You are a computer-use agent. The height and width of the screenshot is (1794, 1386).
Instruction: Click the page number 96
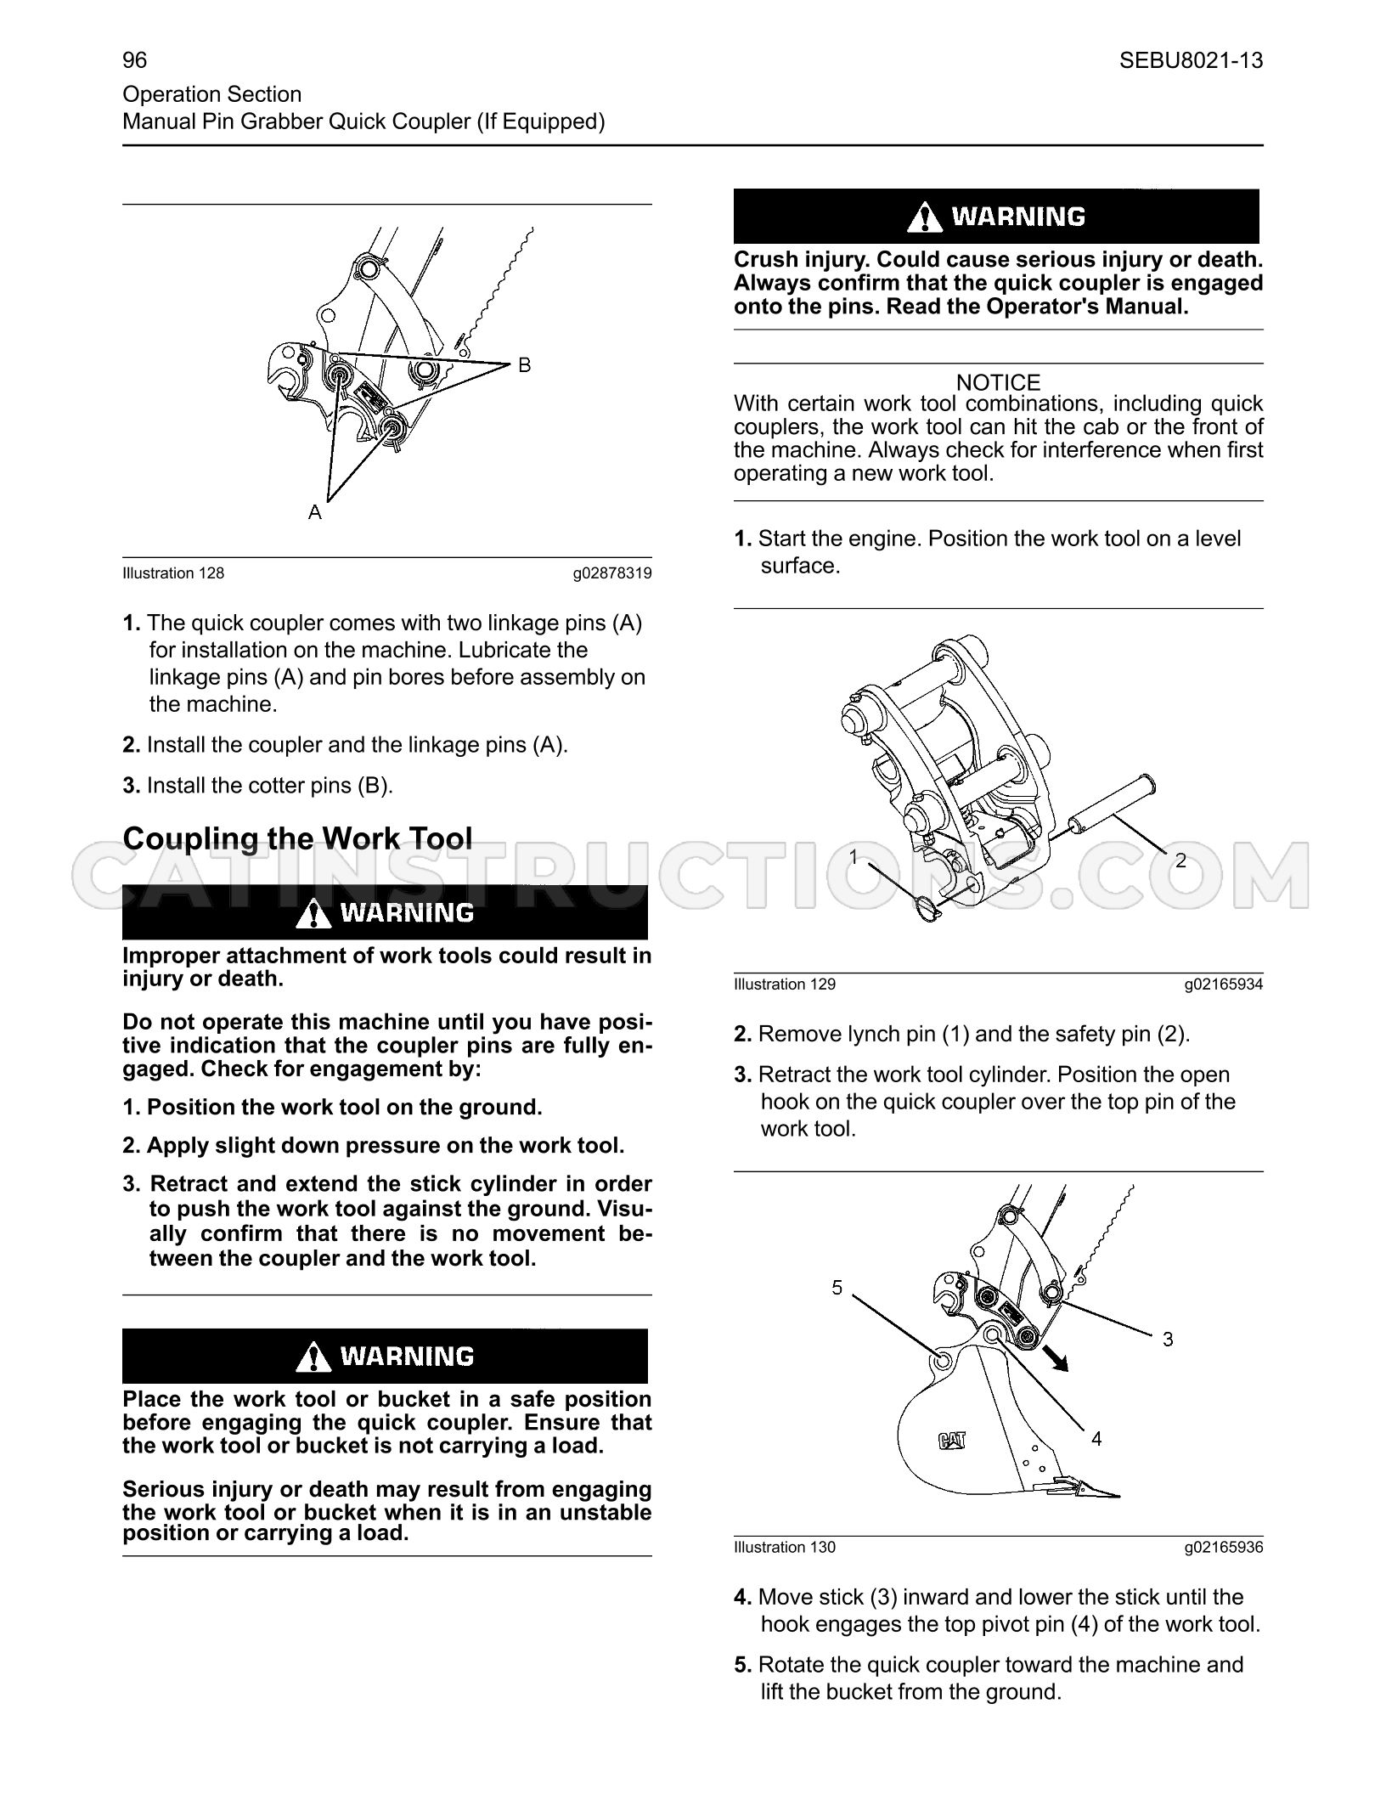click(x=134, y=60)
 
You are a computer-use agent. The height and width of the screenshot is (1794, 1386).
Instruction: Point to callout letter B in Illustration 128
click(x=525, y=365)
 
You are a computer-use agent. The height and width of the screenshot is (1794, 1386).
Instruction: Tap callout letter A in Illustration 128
click(x=315, y=512)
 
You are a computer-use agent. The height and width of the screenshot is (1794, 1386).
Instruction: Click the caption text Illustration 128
click(x=173, y=573)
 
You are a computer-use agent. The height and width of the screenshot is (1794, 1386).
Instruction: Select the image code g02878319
click(x=612, y=573)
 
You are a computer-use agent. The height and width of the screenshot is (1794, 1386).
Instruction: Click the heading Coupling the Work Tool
click(x=297, y=838)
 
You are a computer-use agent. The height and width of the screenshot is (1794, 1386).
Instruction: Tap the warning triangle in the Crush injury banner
click(x=924, y=218)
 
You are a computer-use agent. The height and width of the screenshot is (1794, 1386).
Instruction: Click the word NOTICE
click(x=998, y=382)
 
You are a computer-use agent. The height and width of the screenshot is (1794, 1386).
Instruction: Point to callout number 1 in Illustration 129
click(x=854, y=856)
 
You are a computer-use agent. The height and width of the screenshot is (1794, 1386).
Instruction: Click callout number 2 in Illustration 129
click(x=1180, y=860)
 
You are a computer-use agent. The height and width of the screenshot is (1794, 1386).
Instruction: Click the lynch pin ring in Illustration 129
click(x=930, y=910)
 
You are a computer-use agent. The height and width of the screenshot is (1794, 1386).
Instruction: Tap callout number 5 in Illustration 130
click(x=837, y=1288)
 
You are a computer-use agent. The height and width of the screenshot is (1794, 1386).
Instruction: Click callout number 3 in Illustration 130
click(x=1168, y=1340)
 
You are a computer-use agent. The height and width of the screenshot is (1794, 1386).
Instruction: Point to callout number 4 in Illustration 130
click(x=1096, y=1439)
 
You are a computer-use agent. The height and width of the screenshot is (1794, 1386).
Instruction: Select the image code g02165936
click(x=1224, y=1548)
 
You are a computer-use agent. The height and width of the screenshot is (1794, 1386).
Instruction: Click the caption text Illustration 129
click(x=785, y=984)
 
